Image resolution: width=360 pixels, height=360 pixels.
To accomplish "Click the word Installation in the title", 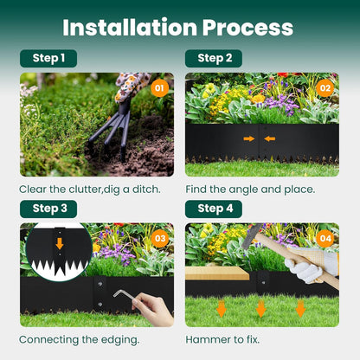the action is [x=130, y=28].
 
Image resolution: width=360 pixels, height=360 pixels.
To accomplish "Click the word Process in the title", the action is [x=247, y=28].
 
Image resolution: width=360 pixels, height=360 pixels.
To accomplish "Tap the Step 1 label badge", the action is [x=48, y=58].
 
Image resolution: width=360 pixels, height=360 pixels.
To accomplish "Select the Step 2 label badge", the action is [x=214, y=58].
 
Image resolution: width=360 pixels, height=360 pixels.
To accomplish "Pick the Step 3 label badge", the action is [x=48, y=209].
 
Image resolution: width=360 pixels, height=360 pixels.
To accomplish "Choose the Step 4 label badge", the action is [x=214, y=209].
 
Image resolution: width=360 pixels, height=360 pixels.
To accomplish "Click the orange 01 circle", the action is [x=159, y=88].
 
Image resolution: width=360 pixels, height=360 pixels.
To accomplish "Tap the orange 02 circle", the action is [x=325, y=88].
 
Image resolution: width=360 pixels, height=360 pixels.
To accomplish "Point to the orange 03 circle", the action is [x=160, y=238].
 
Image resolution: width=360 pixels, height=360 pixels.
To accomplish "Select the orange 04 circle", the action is [x=325, y=238].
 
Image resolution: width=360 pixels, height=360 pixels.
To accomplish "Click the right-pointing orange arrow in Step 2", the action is [x=249, y=138].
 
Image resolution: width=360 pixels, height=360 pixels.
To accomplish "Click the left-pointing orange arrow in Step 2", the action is [x=269, y=138].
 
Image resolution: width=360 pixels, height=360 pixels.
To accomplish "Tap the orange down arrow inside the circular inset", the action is [x=60, y=244].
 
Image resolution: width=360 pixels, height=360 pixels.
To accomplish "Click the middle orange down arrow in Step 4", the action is [x=260, y=309].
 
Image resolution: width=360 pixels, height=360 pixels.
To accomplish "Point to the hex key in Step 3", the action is [x=124, y=295].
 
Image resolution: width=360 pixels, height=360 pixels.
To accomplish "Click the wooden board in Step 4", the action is [x=217, y=273].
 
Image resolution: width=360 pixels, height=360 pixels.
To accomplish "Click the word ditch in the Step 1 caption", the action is [x=146, y=190].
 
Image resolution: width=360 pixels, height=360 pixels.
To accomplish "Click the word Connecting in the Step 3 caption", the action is [x=48, y=340].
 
